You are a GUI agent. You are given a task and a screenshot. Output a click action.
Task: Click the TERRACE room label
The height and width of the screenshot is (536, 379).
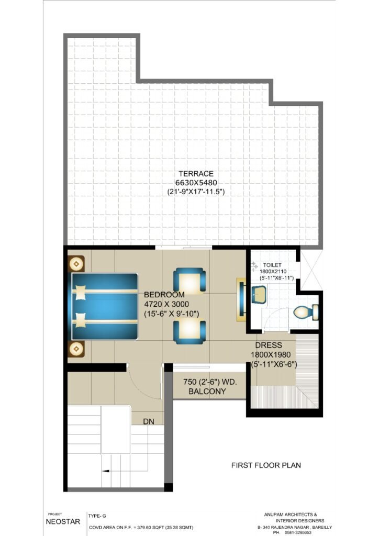click(x=196, y=173)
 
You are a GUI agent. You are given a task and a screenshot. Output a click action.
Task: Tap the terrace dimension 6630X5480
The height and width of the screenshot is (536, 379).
click(x=196, y=183)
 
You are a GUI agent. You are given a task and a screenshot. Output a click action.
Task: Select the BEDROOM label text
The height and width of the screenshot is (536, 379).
click(x=164, y=295)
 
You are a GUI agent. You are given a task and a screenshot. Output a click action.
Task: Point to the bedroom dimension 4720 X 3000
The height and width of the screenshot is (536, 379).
click(x=166, y=304)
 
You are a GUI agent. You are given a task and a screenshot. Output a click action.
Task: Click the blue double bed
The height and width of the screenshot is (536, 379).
click(x=104, y=306)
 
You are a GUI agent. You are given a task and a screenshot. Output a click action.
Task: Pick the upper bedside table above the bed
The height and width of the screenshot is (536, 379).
click(x=76, y=264)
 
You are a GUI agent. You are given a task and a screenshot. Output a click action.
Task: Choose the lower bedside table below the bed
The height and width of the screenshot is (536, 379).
click(x=76, y=349)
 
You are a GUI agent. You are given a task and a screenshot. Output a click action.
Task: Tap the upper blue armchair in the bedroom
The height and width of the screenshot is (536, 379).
click(x=189, y=280)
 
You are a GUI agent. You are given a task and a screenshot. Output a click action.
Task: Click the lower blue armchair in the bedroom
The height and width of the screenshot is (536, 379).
click(x=189, y=331)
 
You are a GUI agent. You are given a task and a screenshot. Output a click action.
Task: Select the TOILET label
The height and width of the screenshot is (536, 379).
click(x=272, y=265)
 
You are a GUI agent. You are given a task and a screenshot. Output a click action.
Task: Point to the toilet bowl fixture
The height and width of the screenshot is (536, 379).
click(x=306, y=312)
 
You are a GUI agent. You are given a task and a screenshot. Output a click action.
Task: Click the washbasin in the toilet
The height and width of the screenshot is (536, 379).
click(x=259, y=295)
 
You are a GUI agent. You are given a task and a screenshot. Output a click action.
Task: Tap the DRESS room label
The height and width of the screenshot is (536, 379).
click(x=269, y=345)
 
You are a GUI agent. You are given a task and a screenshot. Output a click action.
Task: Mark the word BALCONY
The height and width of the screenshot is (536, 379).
click(x=207, y=392)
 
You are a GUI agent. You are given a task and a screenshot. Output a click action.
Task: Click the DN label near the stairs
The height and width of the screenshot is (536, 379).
click(x=149, y=422)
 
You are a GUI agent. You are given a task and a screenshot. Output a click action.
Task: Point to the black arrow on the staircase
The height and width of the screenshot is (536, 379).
click(x=106, y=471)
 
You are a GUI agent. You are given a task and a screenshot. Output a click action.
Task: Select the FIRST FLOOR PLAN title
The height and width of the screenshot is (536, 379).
click(x=266, y=465)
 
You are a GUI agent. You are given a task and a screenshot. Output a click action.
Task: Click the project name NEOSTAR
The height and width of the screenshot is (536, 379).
click(x=63, y=522)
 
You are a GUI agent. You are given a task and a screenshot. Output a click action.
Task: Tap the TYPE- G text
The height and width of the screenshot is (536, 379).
click(x=97, y=516)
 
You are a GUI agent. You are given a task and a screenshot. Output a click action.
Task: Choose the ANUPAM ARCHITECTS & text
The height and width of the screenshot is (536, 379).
click(x=291, y=515)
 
